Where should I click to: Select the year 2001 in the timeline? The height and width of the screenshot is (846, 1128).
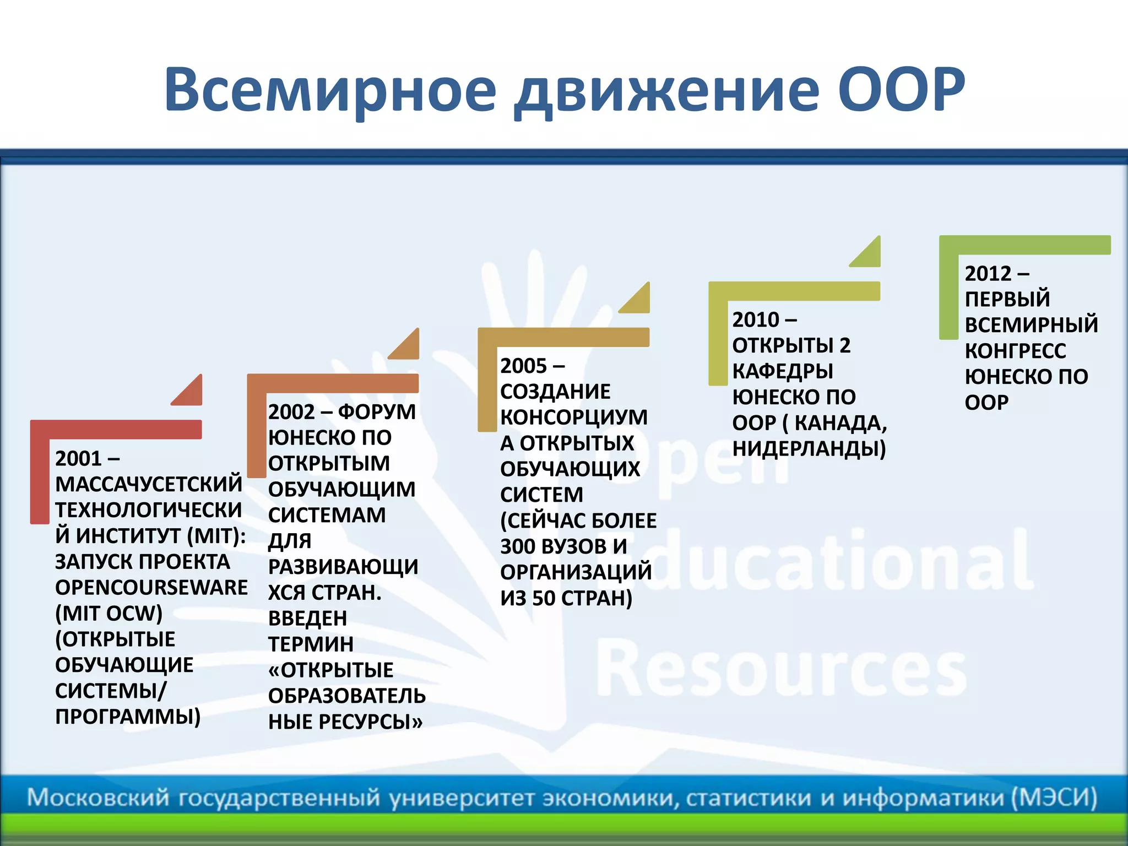pyautogui.click(x=79, y=458)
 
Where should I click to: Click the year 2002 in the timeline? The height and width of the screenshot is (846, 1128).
pyautogui.click(x=291, y=412)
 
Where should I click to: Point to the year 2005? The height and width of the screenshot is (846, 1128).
pyautogui.click(x=523, y=366)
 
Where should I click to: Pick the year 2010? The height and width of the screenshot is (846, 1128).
pyautogui.click(x=756, y=319)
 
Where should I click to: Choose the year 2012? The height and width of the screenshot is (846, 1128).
pyautogui.click(x=988, y=273)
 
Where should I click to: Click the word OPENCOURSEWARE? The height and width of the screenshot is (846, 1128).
pyautogui.click(x=151, y=587)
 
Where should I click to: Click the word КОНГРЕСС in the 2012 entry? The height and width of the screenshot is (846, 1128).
pyautogui.click(x=1015, y=351)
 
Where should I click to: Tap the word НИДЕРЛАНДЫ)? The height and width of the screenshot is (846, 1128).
pyautogui.click(x=809, y=448)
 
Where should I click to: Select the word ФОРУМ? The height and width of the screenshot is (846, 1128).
pyautogui.click(x=377, y=412)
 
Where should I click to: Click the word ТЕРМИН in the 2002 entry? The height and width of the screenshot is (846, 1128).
pyautogui.click(x=311, y=644)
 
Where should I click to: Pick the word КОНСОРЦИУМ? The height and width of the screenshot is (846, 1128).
pyautogui.click(x=573, y=417)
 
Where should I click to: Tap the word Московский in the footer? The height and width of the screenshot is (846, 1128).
pyautogui.click(x=98, y=798)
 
